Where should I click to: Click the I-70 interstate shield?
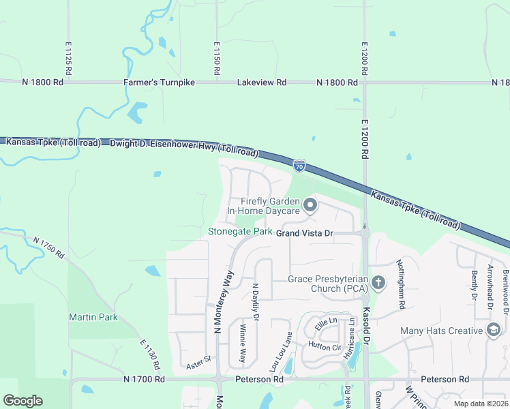click(299, 166)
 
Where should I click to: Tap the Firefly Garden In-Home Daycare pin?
click(310, 204)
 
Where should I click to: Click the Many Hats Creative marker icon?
click(493, 331)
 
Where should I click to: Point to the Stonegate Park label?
click(240, 232)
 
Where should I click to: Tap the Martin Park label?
click(93, 317)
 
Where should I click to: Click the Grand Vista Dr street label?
click(304, 233)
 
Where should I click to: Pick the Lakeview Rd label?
click(262, 82)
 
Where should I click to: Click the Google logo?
click(22, 401)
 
